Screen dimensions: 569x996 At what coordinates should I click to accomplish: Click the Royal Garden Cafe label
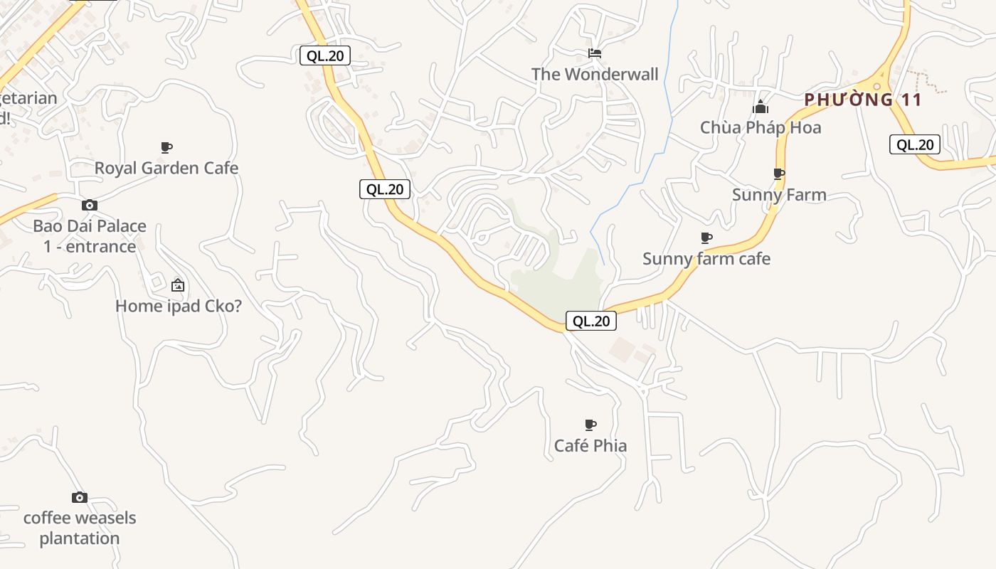coord(166,168)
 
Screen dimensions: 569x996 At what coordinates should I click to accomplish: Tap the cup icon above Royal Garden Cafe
coord(166,147)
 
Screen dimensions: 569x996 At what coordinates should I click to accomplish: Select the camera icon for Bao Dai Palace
coord(89,205)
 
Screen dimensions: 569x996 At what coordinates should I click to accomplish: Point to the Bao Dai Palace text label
coord(90,236)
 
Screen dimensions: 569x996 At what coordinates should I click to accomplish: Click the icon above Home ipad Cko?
coord(178,285)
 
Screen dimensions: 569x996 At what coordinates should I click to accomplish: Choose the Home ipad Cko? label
coord(179,306)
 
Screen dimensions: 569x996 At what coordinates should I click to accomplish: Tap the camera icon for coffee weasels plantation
coord(80,497)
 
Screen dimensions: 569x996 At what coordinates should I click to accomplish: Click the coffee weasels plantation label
coord(80,528)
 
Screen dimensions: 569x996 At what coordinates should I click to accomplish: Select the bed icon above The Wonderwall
coord(595,53)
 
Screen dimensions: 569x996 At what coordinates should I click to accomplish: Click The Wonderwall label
coord(595,74)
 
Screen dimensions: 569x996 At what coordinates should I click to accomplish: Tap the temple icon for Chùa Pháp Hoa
coord(761,107)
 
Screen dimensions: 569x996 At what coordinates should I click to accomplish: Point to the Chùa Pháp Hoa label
coord(761,127)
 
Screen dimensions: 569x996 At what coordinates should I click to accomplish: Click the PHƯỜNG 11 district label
coord(863,100)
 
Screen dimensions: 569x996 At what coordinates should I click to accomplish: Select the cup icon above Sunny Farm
coord(779,174)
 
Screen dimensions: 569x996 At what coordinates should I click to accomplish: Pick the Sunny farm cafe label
coord(706,258)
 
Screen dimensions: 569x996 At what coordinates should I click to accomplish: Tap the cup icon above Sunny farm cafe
coord(706,238)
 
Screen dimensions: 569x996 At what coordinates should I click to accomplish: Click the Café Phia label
coord(590,445)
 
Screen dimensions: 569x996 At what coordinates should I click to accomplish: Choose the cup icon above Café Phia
coord(590,425)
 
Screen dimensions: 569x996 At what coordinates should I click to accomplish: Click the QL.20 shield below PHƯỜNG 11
coord(915,144)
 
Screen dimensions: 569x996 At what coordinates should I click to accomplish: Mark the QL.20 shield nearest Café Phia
coord(591,321)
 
